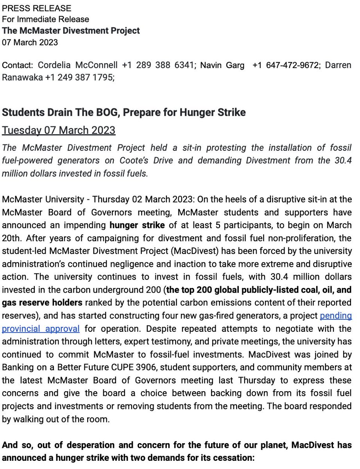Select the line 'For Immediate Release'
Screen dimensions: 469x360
[x=45, y=19]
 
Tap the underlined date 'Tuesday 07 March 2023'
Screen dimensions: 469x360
[x=59, y=130]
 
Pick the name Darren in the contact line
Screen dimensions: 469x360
[x=339, y=65]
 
